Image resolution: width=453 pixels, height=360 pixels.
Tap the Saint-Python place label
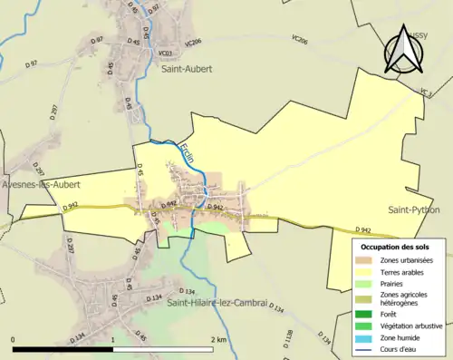(x=414, y=209)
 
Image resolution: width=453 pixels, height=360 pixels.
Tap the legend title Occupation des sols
(x=396, y=247)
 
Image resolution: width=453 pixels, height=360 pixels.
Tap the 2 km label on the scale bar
(x=217, y=339)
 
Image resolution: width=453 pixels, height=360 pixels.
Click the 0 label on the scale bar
(x=14, y=339)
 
